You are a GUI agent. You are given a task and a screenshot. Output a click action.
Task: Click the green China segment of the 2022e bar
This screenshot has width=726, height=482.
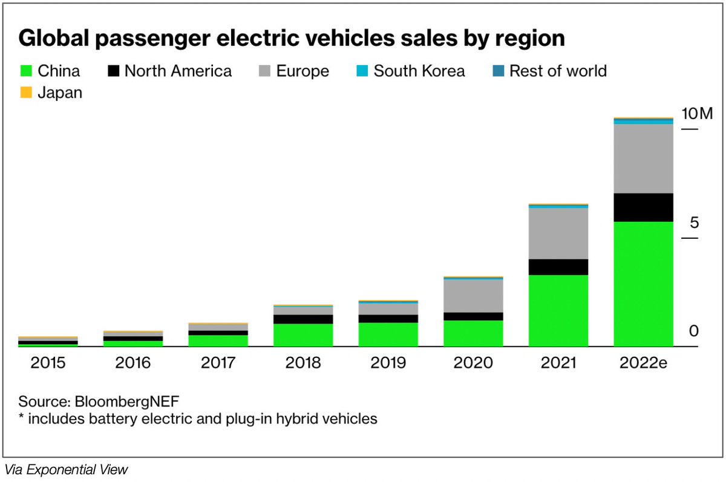tap(643, 284)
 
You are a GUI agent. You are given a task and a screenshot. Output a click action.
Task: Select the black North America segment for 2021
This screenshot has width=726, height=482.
tap(558, 267)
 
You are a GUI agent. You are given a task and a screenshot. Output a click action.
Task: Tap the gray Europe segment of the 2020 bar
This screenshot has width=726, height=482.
tap(473, 296)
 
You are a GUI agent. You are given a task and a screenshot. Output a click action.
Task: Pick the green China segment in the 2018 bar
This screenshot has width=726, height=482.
tap(303, 335)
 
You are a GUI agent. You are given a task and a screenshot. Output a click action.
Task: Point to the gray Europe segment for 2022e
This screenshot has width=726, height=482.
tap(643, 158)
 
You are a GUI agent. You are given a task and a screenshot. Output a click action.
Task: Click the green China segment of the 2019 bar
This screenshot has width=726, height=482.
tap(388, 334)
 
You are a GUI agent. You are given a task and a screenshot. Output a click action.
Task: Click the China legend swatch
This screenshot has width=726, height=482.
tap(25, 71)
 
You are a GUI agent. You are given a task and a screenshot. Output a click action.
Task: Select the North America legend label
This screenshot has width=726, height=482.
tap(178, 71)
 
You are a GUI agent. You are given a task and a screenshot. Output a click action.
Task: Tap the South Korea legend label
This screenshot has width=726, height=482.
tap(419, 71)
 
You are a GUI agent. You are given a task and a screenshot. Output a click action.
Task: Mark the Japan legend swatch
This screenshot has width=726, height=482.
tap(25, 93)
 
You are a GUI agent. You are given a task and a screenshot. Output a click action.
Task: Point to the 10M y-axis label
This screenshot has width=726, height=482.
tap(698, 114)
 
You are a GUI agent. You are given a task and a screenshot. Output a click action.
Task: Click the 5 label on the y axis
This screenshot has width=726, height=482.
tap(693, 223)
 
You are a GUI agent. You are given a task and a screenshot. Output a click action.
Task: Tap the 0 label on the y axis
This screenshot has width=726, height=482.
tap(693, 331)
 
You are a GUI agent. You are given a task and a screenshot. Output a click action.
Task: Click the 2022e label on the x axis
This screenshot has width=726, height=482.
tap(643, 363)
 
